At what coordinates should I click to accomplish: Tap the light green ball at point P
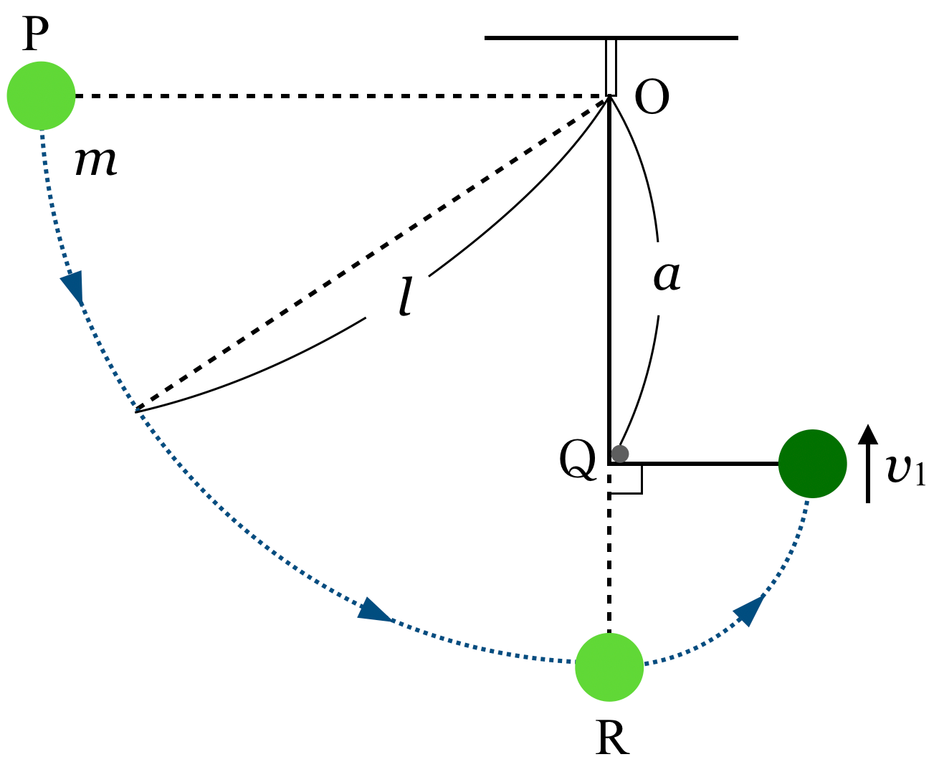[x=41, y=95]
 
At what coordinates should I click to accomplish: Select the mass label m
[x=95, y=161]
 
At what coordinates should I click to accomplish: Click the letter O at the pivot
[x=652, y=97]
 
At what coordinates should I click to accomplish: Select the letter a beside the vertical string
[x=667, y=275]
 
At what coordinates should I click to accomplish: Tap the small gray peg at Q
[x=620, y=454]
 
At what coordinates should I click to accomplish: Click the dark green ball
[x=812, y=463]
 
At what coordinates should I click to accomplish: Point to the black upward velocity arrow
[x=868, y=463]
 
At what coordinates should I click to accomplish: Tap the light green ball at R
[x=609, y=667]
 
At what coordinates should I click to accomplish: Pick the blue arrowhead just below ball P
[x=74, y=287]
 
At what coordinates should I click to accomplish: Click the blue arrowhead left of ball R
[x=374, y=611]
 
